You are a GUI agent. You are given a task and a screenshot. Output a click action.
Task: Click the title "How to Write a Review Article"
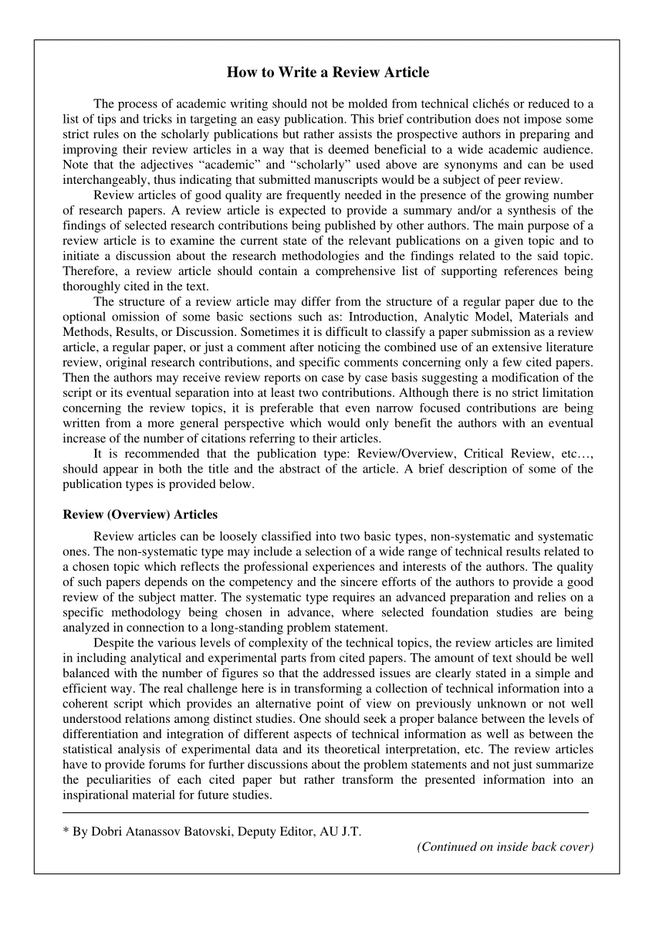click(327, 73)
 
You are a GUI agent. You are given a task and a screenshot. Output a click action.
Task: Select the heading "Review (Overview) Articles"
click(140, 514)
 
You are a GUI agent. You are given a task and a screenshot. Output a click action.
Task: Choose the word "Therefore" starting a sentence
click(88, 271)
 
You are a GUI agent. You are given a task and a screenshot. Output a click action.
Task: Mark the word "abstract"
click(280, 470)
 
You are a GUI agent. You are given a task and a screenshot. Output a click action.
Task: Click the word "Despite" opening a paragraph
click(113, 643)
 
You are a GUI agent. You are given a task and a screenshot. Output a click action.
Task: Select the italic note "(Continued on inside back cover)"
click(505, 847)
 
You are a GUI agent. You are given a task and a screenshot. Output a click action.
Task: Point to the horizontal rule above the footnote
click(325, 812)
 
